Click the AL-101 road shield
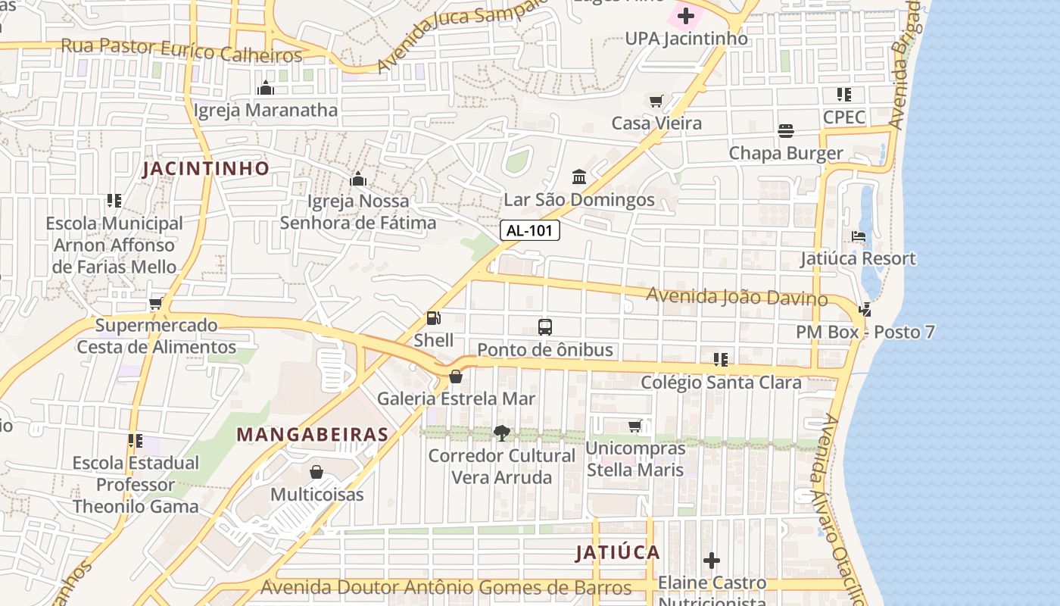point(529,231)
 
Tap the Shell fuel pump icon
point(434,319)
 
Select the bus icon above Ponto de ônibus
point(545,327)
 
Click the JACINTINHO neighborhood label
point(206,168)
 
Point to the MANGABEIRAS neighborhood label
point(313,435)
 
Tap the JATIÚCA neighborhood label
point(618,552)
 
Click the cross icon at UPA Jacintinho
point(686,15)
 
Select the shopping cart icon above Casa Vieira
point(656,101)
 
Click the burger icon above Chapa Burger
point(786,131)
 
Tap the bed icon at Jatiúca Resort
point(859,236)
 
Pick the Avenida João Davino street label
point(737,296)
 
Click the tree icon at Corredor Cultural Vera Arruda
point(501,433)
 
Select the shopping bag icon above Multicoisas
point(316,472)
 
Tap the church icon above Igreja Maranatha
point(265,88)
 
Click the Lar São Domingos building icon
point(579,176)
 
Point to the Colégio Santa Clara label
point(721,383)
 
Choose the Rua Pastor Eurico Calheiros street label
point(182,51)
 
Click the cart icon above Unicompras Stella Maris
point(635,426)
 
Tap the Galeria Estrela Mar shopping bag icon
point(456,376)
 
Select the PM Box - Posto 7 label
point(865,332)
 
